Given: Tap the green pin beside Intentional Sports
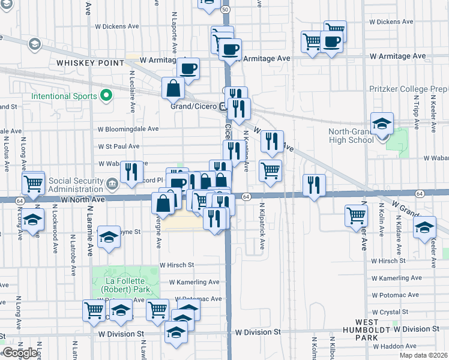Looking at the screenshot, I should [106, 95].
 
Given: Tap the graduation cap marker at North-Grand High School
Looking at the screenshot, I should [381, 124].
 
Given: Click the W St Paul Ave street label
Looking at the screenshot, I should [119, 146].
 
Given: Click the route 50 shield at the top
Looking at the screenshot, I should [225, 10].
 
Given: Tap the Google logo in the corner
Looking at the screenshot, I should [20, 353].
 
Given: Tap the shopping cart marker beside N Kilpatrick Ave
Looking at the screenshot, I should [270, 171].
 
